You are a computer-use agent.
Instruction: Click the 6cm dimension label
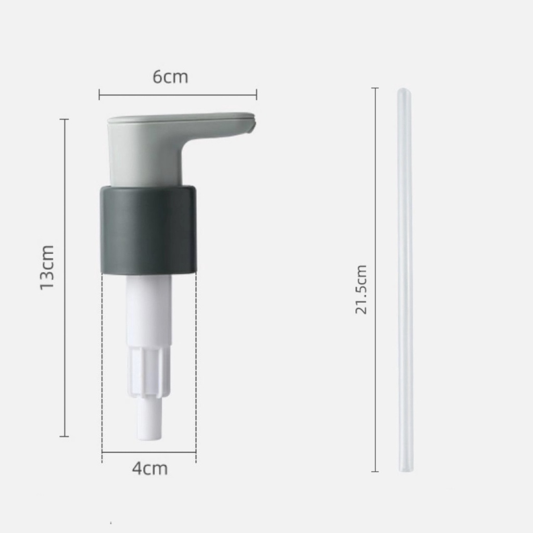click(170, 77)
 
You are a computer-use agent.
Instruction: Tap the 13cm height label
click(47, 267)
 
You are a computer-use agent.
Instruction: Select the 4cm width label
click(150, 468)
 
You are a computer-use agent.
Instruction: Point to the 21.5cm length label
click(361, 289)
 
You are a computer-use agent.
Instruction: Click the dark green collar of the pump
click(148, 230)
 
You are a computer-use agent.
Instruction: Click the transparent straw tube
click(404, 280)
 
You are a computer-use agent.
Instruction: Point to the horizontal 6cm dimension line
click(178, 95)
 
